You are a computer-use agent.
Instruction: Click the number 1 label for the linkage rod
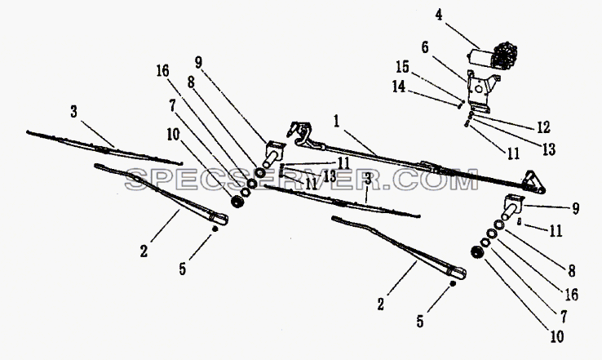click(337, 122)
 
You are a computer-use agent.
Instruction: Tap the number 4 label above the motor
click(439, 15)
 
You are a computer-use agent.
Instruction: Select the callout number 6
click(425, 47)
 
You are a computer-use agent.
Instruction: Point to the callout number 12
click(543, 127)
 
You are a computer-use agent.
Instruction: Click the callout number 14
click(399, 87)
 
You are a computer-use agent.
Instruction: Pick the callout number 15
click(403, 67)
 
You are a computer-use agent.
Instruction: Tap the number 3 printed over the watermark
click(367, 179)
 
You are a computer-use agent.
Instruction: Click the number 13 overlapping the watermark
click(329, 176)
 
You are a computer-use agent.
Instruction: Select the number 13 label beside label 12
click(549, 149)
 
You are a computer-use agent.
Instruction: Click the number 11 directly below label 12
click(513, 153)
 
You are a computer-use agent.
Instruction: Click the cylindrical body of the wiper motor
click(479, 58)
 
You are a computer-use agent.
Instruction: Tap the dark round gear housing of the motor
click(504, 55)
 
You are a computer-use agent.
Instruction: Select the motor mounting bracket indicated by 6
click(482, 91)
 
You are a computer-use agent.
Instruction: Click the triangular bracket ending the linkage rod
click(533, 181)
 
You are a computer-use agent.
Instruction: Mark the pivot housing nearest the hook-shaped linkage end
click(274, 153)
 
